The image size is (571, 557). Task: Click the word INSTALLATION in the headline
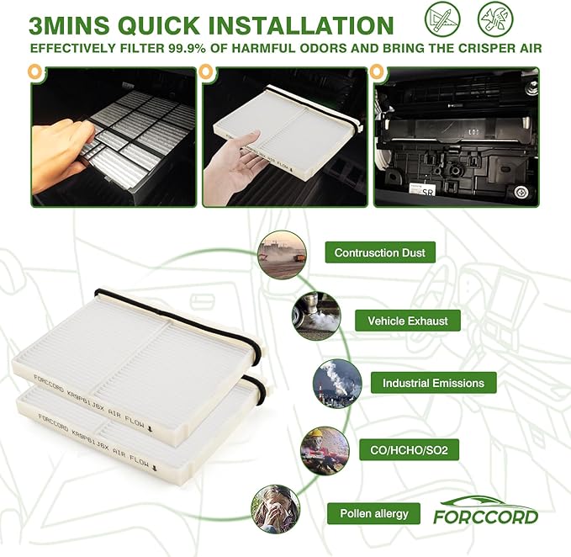pyautogui.click(x=300, y=24)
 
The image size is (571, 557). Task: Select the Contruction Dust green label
pyautogui.click(x=379, y=252)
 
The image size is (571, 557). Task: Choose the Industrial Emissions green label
pyautogui.click(x=433, y=383)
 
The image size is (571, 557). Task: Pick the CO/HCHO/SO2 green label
pyautogui.click(x=408, y=451)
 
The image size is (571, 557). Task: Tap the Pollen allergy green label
pyautogui.click(x=373, y=513)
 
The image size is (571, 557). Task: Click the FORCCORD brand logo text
pyautogui.click(x=485, y=516)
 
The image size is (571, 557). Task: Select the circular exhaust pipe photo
pyautogui.click(x=316, y=316)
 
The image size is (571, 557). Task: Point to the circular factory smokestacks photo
pyautogui.click(x=337, y=384)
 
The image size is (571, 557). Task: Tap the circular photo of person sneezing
pyautogui.click(x=276, y=508)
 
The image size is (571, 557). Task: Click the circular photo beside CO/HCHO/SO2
pyautogui.click(x=325, y=451)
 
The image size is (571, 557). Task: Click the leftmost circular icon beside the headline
pyautogui.click(x=441, y=19)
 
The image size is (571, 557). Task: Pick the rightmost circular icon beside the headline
pyautogui.click(x=494, y=19)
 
